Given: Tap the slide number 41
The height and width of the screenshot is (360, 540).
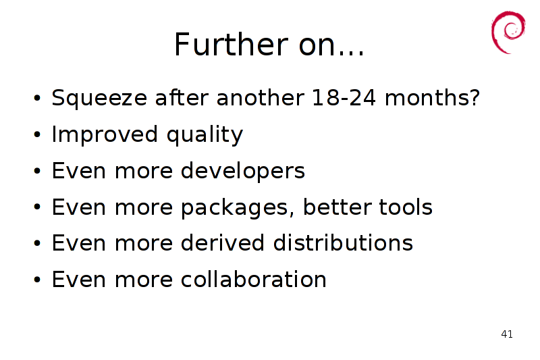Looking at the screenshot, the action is pyautogui.click(x=507, y=334).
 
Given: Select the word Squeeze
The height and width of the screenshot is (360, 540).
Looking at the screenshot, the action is pyautogui.click(x=99, y=99).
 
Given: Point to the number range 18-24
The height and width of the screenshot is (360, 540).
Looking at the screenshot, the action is pyautogui.click(x=344, y=97).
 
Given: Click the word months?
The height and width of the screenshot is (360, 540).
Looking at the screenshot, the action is pyautogui.click(x=432, y=97).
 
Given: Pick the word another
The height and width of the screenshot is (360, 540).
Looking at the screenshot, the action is pyautogui.click(x=261, y=97).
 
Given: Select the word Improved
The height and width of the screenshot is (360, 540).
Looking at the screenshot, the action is pyautogui.click(x=105, y=134).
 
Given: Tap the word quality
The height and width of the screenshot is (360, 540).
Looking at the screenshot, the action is pyautogui.click(x=205, y=134).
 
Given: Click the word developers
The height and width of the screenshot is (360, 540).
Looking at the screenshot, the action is pyautogui.click(x=243, y=171).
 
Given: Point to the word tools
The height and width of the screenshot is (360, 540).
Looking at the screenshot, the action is pyautogui.click(x=406, y=207).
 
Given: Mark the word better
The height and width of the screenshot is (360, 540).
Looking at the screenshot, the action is pyautogui.click(x=337, y=207).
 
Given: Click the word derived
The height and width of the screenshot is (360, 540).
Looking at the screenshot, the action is pyautogui.click(x=223, y=242).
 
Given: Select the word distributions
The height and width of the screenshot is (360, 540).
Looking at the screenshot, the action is pyautogui.click(x=343, y=242).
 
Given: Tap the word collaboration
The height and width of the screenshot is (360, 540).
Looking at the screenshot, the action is pyautogui.click(x=254, y=279).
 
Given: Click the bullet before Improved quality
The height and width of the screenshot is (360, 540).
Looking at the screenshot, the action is pyautogui.click(x=37, y=134).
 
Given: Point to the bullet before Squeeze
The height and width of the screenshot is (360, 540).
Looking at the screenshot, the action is pyautogui.click(x=37, y=98).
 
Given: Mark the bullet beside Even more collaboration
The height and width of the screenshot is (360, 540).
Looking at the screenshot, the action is pyautogui.click(x=37, y=280).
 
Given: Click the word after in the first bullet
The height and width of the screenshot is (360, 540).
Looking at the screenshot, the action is pyautogui.click(x=182, y=97).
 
